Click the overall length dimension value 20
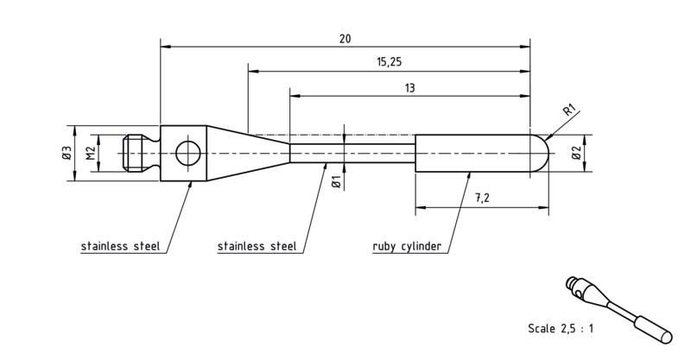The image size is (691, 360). click(x=345, y=39)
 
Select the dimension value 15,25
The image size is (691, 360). click(x=390, y=61)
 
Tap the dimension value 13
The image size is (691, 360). click(x=409, y=88)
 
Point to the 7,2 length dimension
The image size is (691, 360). click(x=483, y=199)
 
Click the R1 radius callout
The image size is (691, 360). click(x=570, y=110)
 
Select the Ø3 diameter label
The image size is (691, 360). click(x=67, y=154)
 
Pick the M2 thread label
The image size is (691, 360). click(x=92, y=154)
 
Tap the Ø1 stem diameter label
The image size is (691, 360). click(x=336, y=182)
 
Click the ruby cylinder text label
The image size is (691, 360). click(x=407, y=246)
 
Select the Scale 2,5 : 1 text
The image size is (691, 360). click(x=561, y=328)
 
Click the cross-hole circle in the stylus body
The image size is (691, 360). click(x=188, y=154)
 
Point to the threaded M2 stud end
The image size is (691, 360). click(x=137, y=154)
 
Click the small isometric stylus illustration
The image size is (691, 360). click(x=618, y=310)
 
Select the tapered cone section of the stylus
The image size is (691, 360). click(x=248, y=154)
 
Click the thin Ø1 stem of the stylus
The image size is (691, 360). click(x=352, y=154)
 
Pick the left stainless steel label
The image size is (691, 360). click(x=120, y=246)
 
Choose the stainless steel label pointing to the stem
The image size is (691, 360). click(x=257, y=246)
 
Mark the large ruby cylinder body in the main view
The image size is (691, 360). click(x=472, y=154)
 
